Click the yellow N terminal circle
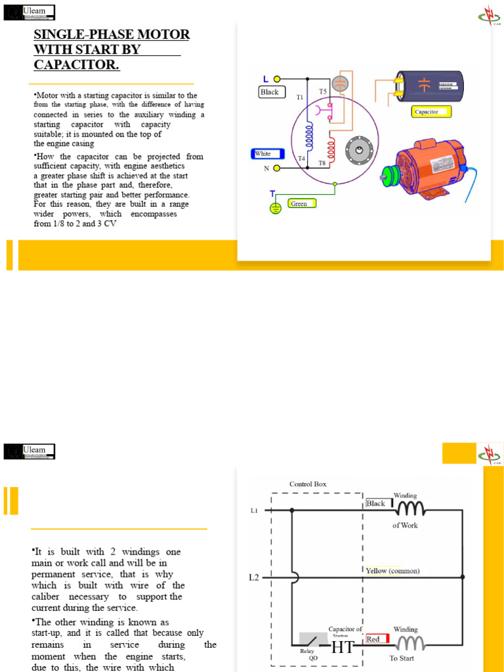coord(277,169)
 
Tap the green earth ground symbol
coord(276,208)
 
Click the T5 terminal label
coord(323,91)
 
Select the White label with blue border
coord(267,154)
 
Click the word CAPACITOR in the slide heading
coord(77,65)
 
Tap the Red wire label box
coord(377,639)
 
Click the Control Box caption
coord(308,484)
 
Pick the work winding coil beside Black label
coord(409,508)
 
